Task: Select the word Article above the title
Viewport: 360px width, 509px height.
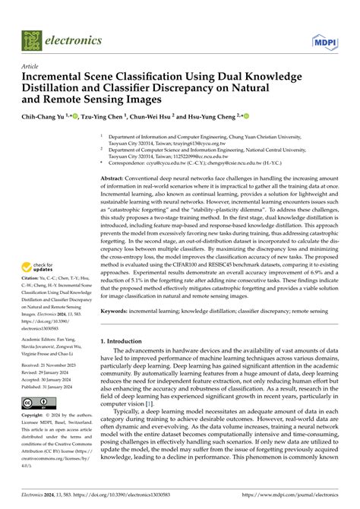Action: (31, 66)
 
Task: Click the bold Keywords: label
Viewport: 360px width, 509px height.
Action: (116, 289)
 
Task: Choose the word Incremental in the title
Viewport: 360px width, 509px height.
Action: (63, 77)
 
